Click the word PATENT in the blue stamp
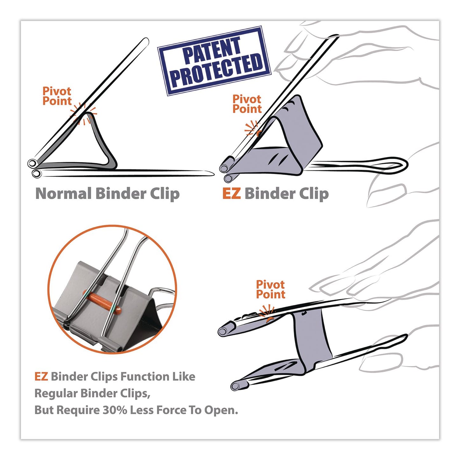click(212, 49)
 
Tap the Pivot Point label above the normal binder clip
click(57, 96)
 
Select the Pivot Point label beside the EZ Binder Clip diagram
click(247, 104)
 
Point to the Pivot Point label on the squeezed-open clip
click(271, 289)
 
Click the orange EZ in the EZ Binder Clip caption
click(231, 194)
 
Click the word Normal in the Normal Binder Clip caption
click(63, 194)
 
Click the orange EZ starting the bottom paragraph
click(41, 377)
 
